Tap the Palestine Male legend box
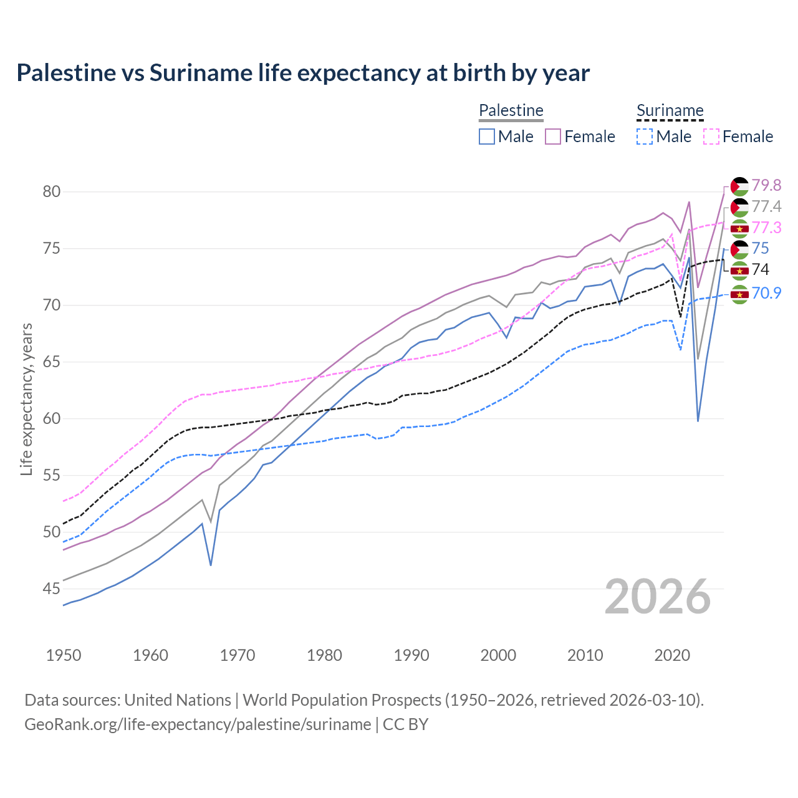pos(487,137)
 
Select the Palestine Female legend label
pos(589,137)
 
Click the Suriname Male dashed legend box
pos(645,137)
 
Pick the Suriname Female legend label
pos(748,137)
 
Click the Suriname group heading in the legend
pos(670,110)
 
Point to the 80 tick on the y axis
pos(52,191)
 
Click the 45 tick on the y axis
pos(52,589)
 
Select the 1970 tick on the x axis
pos(238,655)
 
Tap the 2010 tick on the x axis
pos(585,655)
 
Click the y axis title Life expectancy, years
pos(26,399)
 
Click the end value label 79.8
pos(766,185)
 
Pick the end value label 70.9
pos(766,293)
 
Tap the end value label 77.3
pos(766,228)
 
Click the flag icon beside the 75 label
pos(739,249)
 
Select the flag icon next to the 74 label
pos(739,271)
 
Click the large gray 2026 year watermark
pos(657,597)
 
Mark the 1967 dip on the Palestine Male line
pos(211,565)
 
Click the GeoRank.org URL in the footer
pos(198,724)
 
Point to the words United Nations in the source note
pos(178,699)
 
